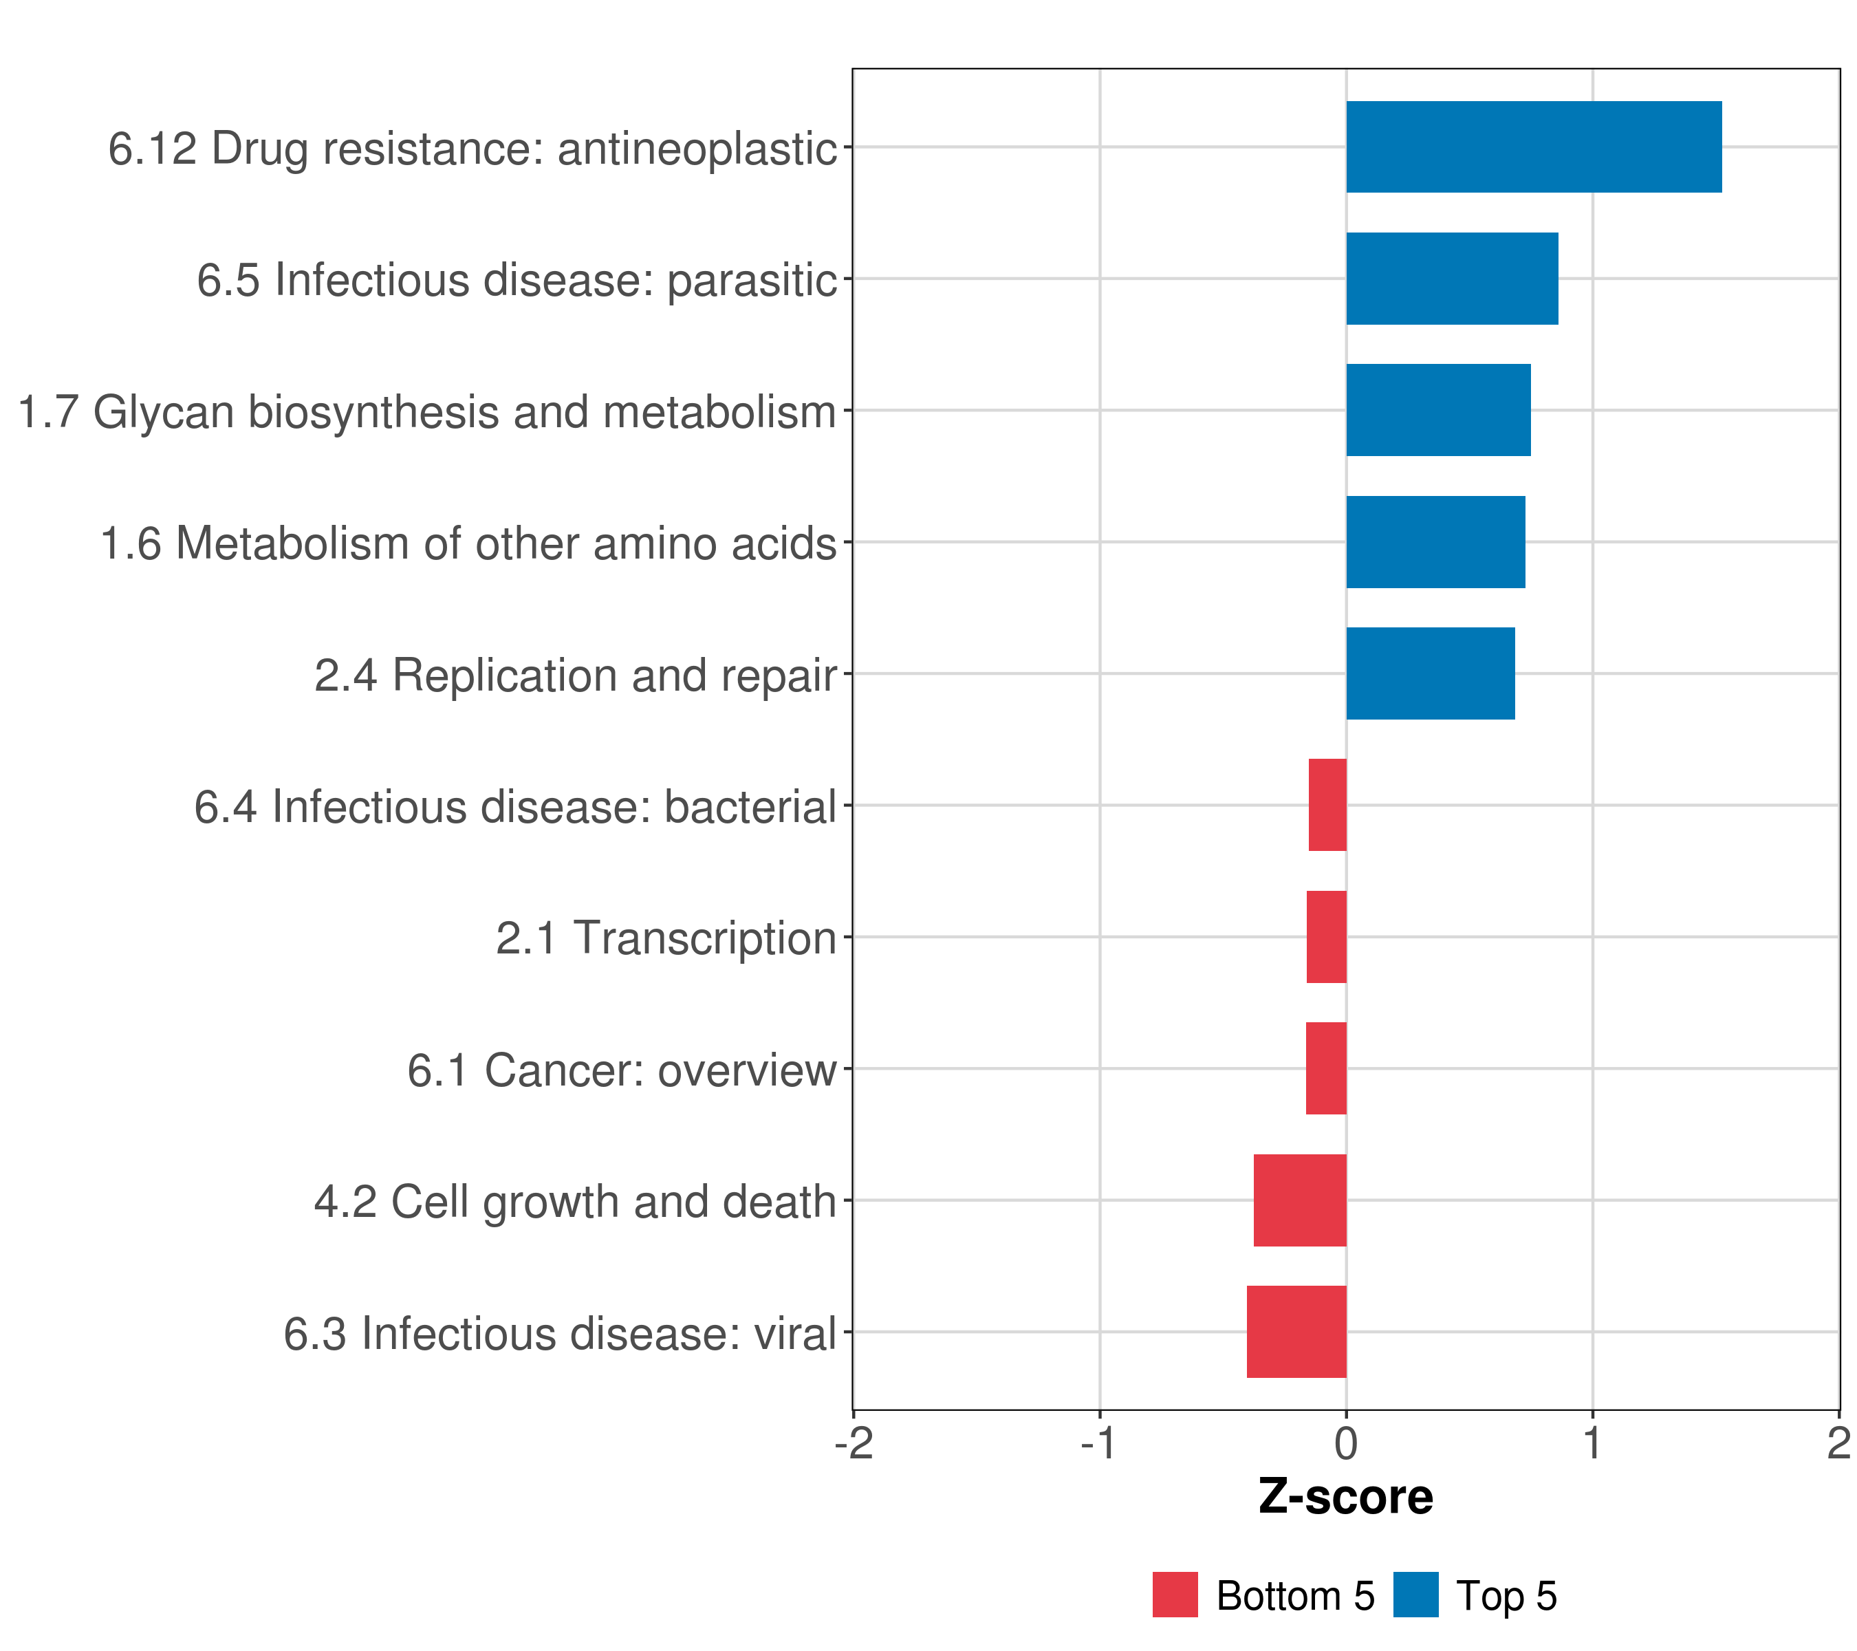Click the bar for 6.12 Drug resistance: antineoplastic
(x=1534, y=147)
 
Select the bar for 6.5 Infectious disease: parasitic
(x=1452, y=279)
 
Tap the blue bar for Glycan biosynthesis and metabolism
(x=1438, y=410)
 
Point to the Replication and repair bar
(x=1430, y=673)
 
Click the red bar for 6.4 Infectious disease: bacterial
(x=1327, y=805)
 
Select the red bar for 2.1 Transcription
(x=1327, y=937)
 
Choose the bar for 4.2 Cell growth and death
(x=1300, y=1200)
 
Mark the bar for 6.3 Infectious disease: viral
(x=1296, y=1332)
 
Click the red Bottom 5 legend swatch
(x=1175, y=1595)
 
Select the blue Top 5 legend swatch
(x=1415, y=1595)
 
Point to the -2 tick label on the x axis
(x=854, y=1444)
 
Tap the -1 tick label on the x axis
(x=1099, y=1444)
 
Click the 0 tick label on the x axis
(x=1347, y=1444)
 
